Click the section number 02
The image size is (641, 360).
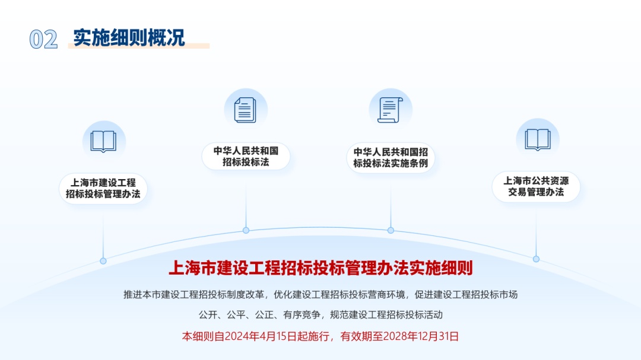coord(43,40)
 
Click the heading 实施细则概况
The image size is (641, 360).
coord(129,37)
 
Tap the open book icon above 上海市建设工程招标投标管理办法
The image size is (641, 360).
coord(103,141)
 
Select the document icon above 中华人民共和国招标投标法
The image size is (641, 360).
coord(245,110)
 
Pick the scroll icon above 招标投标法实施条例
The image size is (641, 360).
coord(390,110)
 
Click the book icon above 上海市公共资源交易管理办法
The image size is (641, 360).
coord(538,139)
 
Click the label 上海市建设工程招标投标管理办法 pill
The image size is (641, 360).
coord(103,189)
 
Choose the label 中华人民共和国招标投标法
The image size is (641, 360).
coord(246,157)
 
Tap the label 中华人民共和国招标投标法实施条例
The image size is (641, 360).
coord(391,158)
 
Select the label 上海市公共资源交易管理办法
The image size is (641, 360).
coord(536,186)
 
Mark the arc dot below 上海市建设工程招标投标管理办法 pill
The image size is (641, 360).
coord(103,261)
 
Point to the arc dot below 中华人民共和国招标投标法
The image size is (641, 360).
coord(246,230)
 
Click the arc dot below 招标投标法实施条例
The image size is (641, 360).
coord(391,230)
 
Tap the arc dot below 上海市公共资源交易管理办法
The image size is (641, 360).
coord(536,259)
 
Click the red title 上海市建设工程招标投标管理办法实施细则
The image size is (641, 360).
coord(320,268)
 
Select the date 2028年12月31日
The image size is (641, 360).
coord(421,336)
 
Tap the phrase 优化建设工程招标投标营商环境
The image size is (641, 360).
coord(339,295)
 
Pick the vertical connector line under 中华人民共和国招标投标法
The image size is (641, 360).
coord(246,199)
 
